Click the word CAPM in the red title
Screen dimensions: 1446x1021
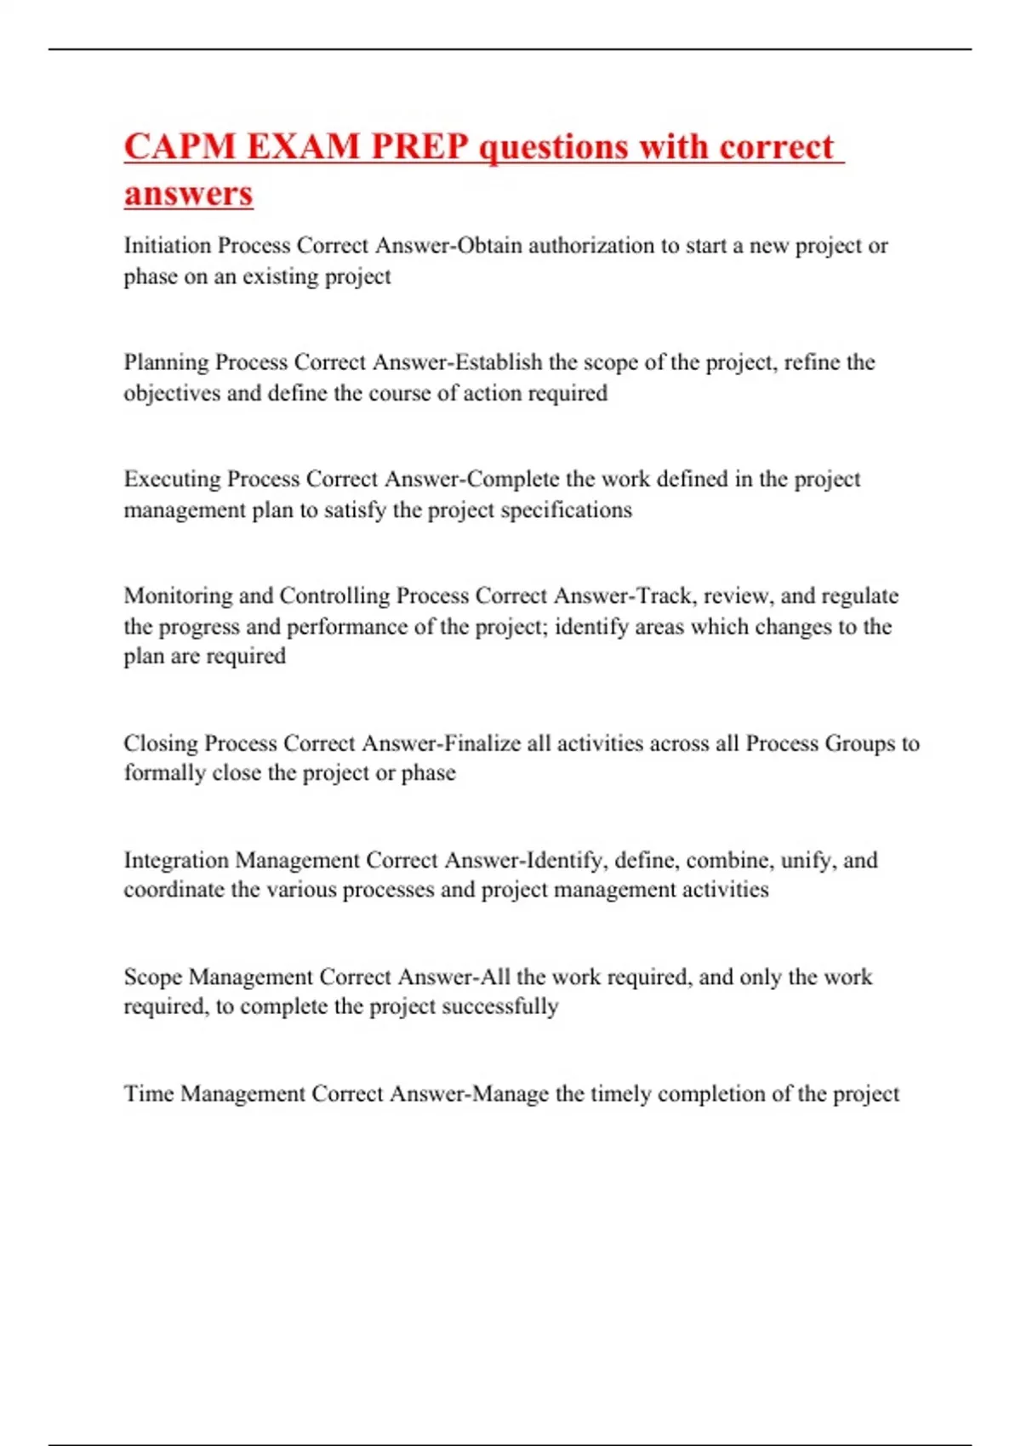[180, 146]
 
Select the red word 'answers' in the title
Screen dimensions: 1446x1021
[188, 193]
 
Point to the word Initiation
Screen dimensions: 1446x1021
[167, 246]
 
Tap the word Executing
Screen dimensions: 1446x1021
[173, 480]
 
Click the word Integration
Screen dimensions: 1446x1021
[176, 860]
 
